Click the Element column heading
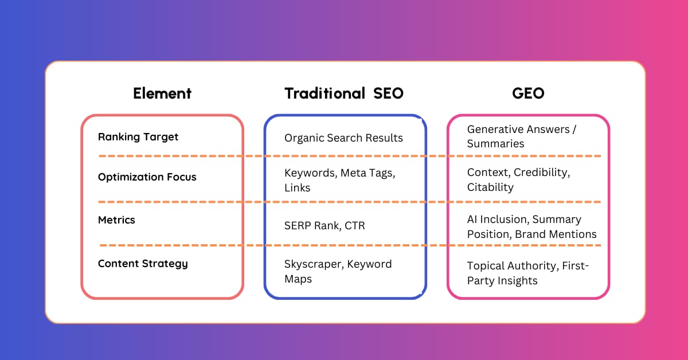162,93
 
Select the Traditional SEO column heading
344,93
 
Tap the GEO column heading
528,93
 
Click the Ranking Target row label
138,137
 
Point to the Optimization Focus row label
147,177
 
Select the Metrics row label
116,220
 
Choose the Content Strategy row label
143,264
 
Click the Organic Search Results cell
343,138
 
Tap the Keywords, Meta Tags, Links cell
339,181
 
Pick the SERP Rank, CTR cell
325,226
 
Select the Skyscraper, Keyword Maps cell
338,272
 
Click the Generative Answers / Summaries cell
522,136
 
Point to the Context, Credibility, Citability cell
518,179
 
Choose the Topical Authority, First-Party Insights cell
527,273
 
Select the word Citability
490,187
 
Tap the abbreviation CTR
355,226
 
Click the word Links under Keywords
298,187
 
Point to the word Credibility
542,173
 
